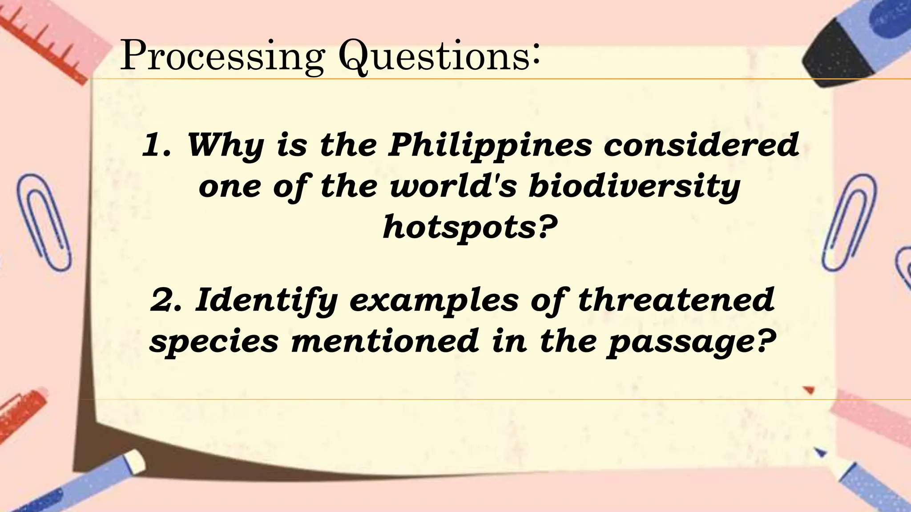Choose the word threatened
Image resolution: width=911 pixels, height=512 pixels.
(x=676, y=300)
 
